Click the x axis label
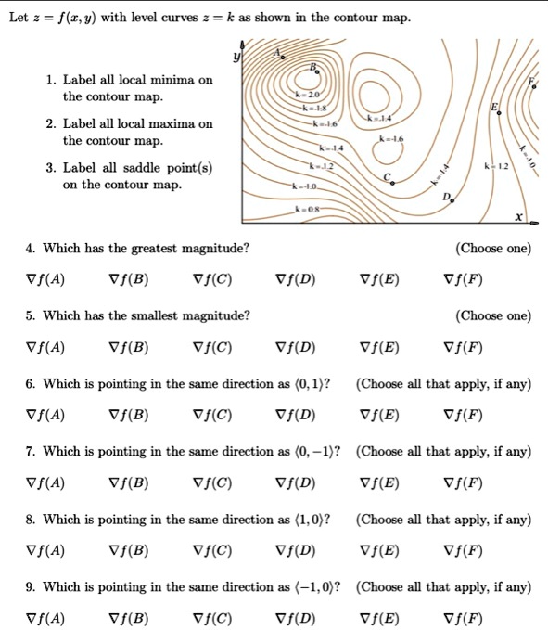pyautogui.click(x=519, y=217)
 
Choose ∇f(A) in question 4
pyautogui.click(x=45, y=278)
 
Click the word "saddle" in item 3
pyautogui.click(x=164, y=168)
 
